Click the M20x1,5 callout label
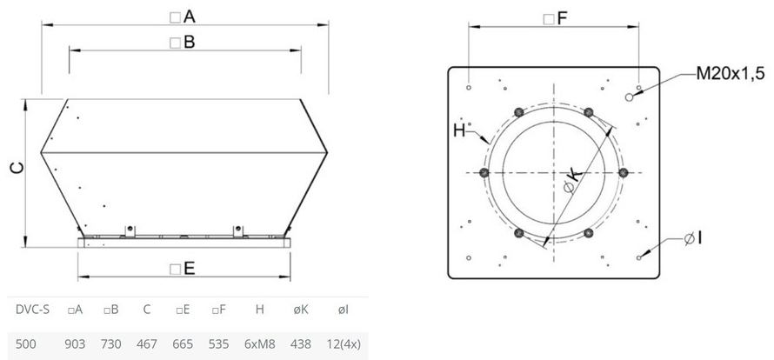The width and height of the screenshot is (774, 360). pyautogui.click(x=730, y=74)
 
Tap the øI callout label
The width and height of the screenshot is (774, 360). pyautogui.click(x=693, y=239)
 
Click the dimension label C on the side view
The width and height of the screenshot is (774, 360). pyautogui.click(x=17, y=169)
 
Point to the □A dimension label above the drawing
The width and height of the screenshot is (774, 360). pyautogui.click(x=183, y=17)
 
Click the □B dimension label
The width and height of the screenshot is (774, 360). pyautogui.click(x=182, y=43)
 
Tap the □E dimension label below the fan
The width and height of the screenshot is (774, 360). pyautogui.click(x=182, y=269)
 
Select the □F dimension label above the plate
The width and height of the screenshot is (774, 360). pyautogui.click(x=556, y=19)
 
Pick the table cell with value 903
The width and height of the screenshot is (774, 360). pyautogui.click(x=75, y=343)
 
